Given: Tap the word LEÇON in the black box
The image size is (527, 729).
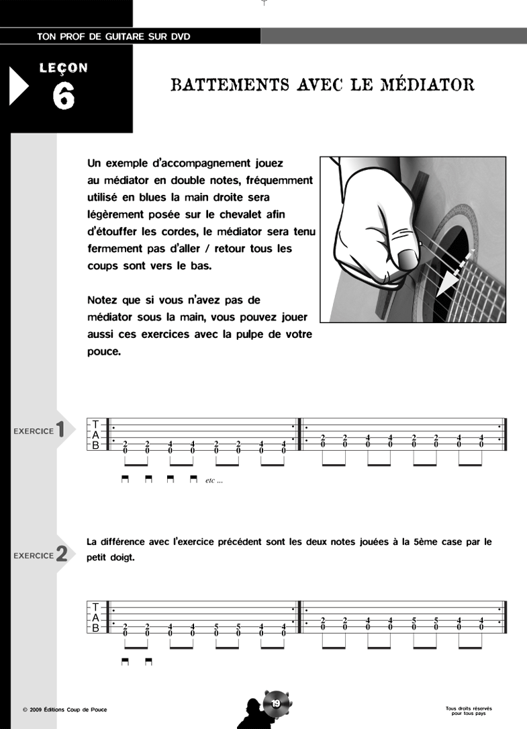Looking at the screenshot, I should tap(64, 68).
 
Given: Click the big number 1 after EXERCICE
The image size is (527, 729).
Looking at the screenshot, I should tap(61, 430).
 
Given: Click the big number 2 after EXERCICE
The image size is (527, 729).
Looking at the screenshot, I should tap(61, 555).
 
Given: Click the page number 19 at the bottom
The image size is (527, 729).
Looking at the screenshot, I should tap(276, 703).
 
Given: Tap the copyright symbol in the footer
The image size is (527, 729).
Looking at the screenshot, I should tap(24, 710).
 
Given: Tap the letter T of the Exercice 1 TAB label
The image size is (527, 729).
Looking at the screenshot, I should tap(95, 424).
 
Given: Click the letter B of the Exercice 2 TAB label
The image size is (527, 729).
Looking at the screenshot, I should tap(95, 628).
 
